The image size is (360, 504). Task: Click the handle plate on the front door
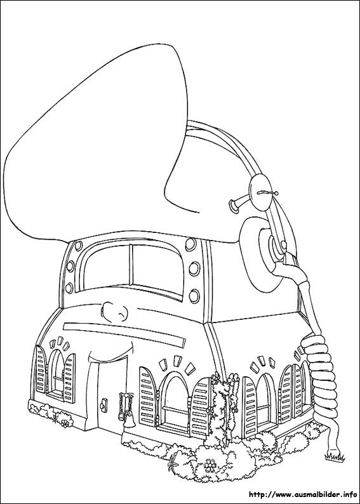(104, 404)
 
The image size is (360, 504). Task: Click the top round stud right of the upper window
(190, 244)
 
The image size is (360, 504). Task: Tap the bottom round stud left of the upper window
(69, 288)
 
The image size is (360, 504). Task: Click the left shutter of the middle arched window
(148, 397)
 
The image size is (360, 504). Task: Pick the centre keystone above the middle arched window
(177, 361)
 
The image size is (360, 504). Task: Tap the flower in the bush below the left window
(65, 423)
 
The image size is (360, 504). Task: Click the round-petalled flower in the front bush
(210, 465)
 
